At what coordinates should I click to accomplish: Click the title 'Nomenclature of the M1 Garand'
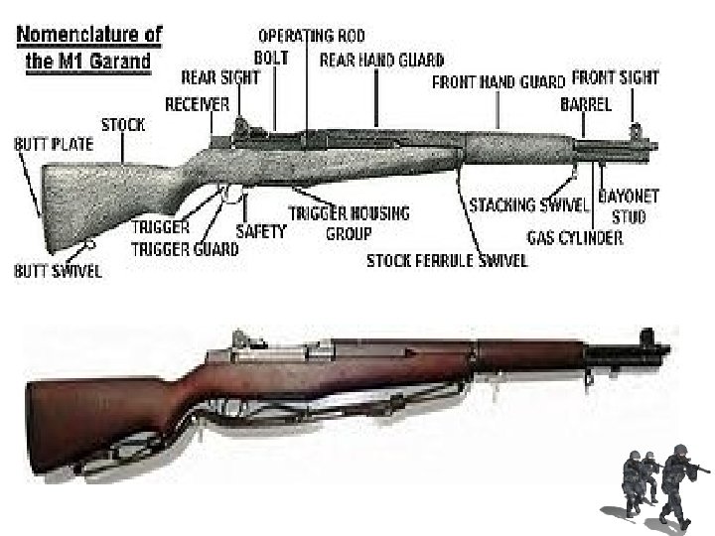tap(86, 46)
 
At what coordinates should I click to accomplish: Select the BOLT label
tap(271, 58)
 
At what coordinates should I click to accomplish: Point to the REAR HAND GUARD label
tap(381, 61)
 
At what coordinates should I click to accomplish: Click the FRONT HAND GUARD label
tap(499, 83)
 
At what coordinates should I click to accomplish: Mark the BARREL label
tap(585, 103)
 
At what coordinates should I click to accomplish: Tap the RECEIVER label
tap(197, 103)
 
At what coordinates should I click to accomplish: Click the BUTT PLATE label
tap(54, 144)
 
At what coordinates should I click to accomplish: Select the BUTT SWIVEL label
tap(57, 270)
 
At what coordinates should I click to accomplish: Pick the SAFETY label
tap(261, 231)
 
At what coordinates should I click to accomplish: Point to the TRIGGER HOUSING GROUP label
tap(349, 223)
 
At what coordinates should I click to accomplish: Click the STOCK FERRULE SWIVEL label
tap(447, 261)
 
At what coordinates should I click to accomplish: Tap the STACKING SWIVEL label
tap(529, 204)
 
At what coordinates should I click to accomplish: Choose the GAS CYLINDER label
tap(575, 237)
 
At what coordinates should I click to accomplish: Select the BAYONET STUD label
tap(630, 205)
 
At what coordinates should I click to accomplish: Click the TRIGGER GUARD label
tap(185, 249)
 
